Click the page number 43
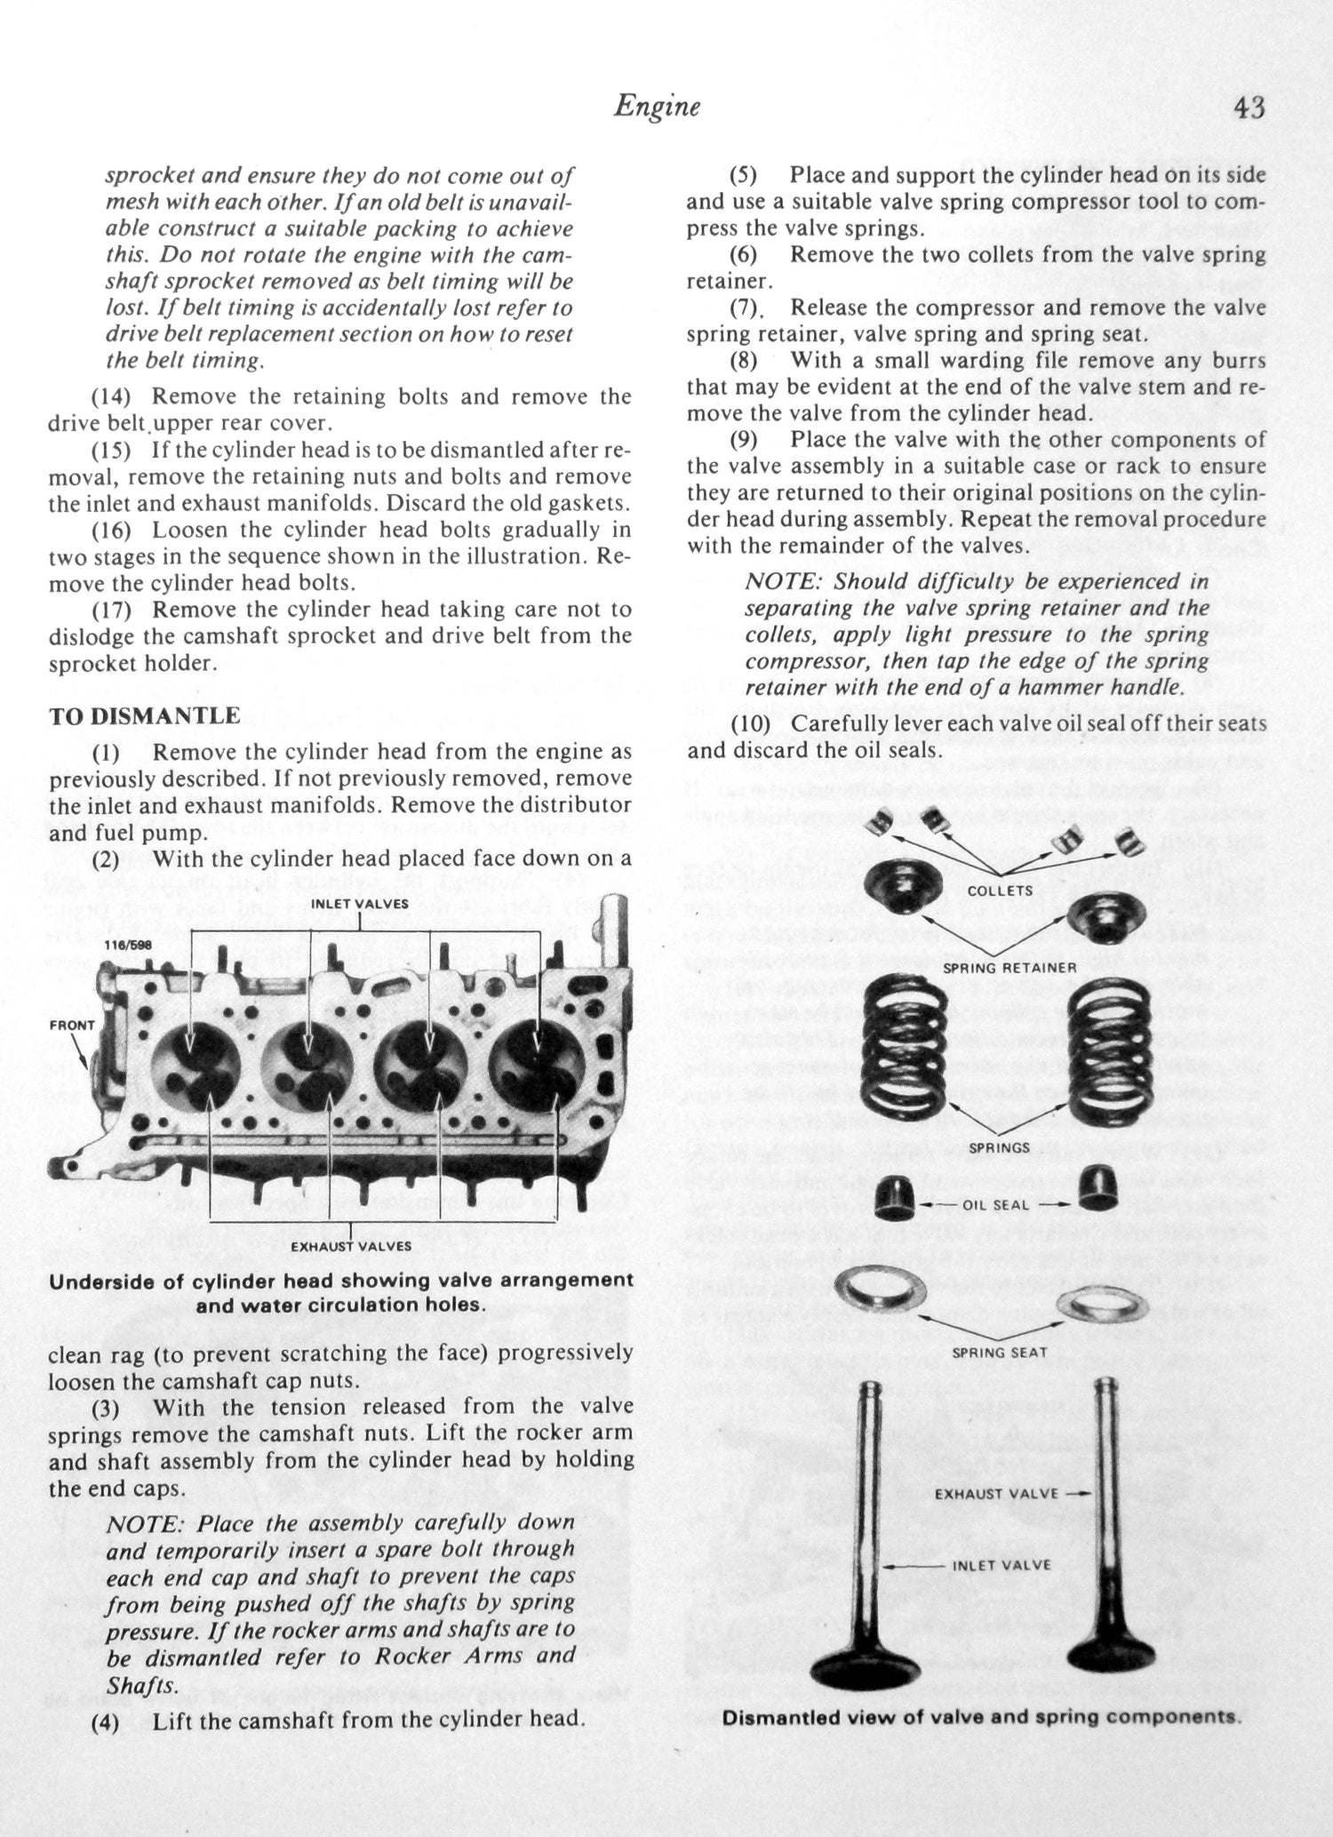(1249, 108)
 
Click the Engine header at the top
(657, 107)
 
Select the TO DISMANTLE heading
(144, 715)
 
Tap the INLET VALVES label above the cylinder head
(360, 904)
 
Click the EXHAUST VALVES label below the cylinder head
(351, 1246)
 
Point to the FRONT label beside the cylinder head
(72, 1025)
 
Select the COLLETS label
(1000, 891)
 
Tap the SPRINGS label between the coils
(1000, 1147)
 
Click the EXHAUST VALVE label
(996, 1494)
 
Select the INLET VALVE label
(1002, 1566)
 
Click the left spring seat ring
(882, 1288)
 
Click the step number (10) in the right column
(750, 723)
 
